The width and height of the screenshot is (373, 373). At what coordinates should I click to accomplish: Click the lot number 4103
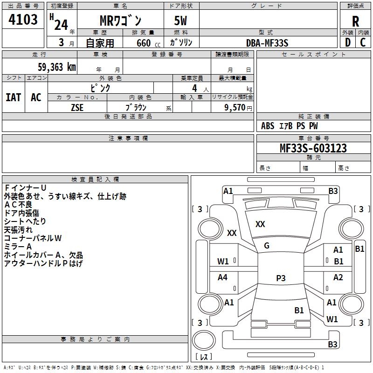tap(23, 20)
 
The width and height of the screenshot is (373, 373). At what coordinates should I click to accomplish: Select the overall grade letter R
tap(355, 22)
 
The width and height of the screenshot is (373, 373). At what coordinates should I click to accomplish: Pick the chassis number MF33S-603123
tap(313, 148)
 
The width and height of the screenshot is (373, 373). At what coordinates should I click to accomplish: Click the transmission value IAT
tap(13, 97)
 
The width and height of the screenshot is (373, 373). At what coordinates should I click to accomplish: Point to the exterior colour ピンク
tap(100, 88)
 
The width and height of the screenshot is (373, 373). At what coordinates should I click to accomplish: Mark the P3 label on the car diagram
tap(281, 278)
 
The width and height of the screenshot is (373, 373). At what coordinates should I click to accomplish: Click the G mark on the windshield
tap(267, 246)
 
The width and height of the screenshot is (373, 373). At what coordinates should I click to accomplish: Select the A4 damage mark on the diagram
tap(223, 277)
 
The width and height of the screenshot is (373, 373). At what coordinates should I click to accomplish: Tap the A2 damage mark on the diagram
tap(338, 277)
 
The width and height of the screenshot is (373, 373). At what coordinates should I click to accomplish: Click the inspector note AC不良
tap(18, 205)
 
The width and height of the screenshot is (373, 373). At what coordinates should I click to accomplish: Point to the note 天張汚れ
tap(18, 230)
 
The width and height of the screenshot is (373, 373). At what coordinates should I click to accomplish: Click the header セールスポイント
tap(314, 55)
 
